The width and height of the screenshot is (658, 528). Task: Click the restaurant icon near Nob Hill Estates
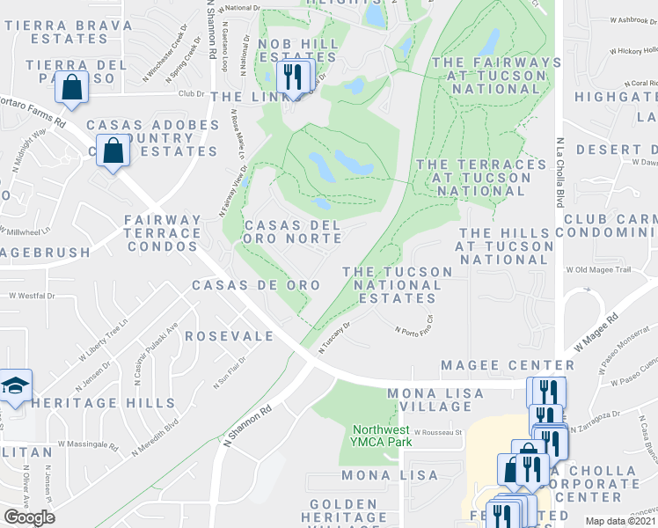(x=291, y=77)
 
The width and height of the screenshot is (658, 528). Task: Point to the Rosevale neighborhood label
(x=229, y=337)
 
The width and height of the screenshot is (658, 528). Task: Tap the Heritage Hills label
(x=103, y=403)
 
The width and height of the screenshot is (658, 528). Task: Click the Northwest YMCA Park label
(x=382, y=436)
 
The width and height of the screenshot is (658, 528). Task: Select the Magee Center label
(x=508, y=365)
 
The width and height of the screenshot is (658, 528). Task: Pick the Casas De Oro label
(x=249, y=286)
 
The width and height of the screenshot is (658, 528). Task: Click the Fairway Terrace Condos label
(x=162, y=233)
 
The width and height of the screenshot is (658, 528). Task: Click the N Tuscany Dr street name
(x=335, y=338)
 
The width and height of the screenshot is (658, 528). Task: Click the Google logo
(x=30, y=517)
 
